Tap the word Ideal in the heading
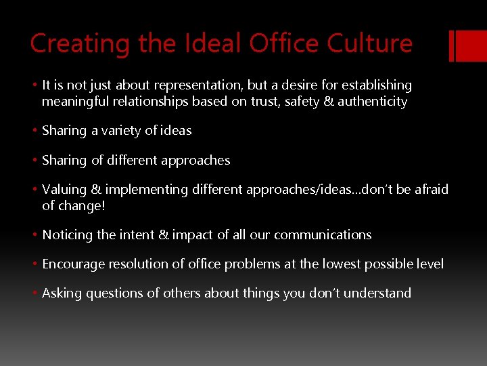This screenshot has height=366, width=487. pyautogui.click(x=203, y=44)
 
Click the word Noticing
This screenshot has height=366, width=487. pyautogui.click(x=67, y=235)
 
